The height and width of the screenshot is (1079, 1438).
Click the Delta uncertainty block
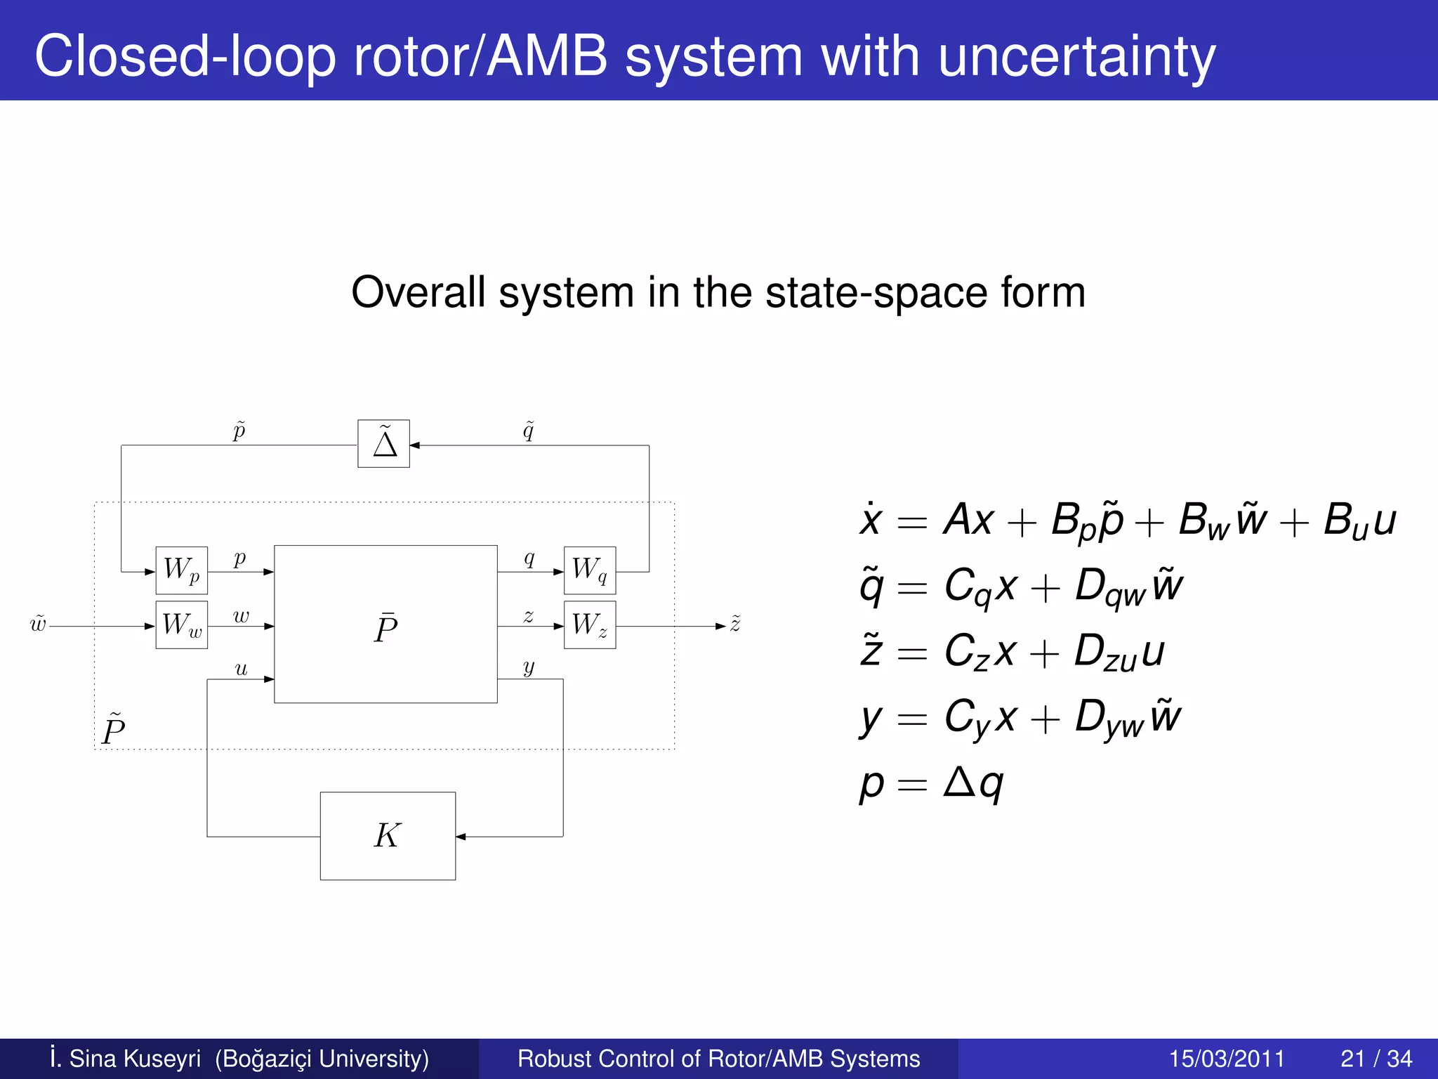383,444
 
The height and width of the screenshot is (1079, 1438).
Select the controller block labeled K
388,836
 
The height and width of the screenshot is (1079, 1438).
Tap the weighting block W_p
181,570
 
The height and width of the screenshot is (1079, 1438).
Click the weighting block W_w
181,624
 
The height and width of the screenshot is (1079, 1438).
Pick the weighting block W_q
590,570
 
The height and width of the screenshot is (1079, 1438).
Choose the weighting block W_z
590,624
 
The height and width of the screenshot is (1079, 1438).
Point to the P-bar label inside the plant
385,627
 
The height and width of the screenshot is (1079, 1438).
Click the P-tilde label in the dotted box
113,729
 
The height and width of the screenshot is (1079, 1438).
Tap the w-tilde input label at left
38,624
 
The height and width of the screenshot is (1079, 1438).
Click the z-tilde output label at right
735,623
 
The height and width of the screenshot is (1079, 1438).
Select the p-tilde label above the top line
239,430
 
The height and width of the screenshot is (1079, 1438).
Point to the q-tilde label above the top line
529,430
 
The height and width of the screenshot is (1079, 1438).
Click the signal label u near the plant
241,669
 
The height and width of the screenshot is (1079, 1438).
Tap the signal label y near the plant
529,667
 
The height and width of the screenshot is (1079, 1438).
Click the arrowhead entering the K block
461,837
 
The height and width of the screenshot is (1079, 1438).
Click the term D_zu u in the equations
1119,652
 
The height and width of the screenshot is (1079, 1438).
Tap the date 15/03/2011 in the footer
1227,1059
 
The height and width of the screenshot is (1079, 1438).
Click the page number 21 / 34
1376,1059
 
